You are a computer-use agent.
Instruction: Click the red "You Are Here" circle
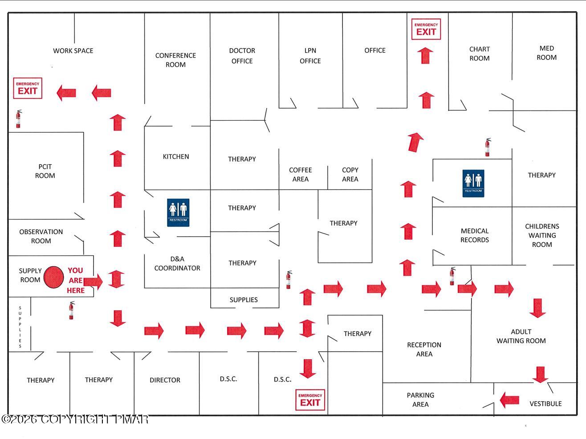(54, 277)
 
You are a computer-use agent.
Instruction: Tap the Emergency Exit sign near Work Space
(28, 88)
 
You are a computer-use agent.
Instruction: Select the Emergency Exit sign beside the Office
(426, 29)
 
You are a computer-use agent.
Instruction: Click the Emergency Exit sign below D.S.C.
(310, 400)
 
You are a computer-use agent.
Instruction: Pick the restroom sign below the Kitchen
(178, 213)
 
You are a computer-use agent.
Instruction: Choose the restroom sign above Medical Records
(473, 184)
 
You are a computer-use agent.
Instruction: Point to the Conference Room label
(176, 60)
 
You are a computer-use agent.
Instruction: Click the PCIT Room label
(45, 171)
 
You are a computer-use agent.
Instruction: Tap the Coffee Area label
(300, 174)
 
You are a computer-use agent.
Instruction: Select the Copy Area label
(350, 174)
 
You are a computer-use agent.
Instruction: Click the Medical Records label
(475, 235)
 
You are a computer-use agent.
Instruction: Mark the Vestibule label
(545, 404)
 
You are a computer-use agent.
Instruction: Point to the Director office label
(165, 380)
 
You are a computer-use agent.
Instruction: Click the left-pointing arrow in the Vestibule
(509, 400)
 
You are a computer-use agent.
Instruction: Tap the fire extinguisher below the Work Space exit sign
(18, 119)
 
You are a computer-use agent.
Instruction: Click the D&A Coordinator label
(177, 263)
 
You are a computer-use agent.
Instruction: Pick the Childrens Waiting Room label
(542, 235)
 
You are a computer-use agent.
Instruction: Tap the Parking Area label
(420, 400)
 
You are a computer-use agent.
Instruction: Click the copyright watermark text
(75, 419)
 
